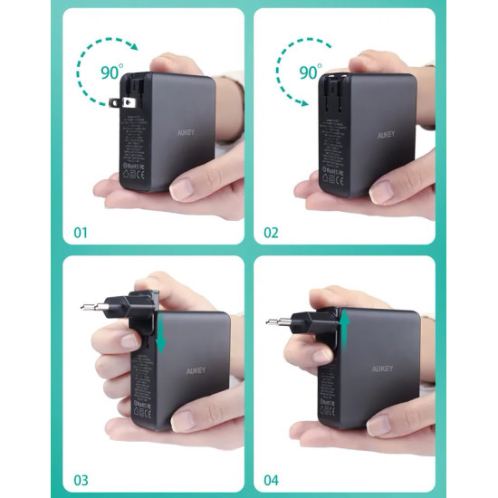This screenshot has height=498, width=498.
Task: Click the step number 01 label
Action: point(81,234)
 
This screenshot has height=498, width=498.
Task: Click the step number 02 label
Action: point(272,233)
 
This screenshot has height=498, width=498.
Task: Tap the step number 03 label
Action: point(82,480)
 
